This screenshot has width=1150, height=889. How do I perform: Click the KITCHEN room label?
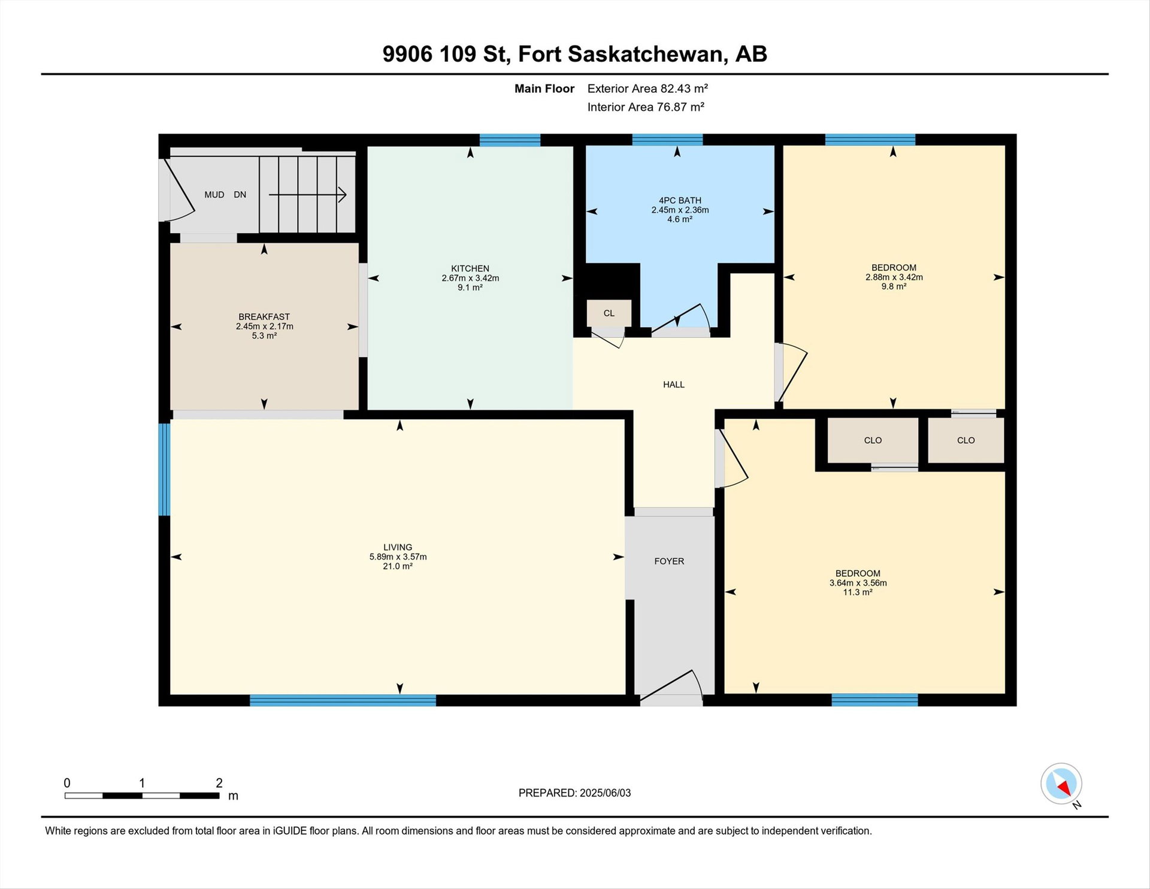click(x=470, y=268)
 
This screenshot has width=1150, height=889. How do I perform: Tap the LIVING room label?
click(x=398, y=547)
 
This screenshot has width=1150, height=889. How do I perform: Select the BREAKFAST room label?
click(x=264, y=317)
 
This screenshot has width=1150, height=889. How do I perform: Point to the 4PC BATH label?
click(x=680, y=201)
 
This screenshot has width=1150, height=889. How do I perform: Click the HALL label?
click(x=674, y=385)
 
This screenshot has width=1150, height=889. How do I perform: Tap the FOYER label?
click(x=669, y=561)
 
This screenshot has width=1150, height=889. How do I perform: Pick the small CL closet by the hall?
click(x=609, y=313)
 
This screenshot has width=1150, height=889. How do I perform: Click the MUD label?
click(x=214, y=195)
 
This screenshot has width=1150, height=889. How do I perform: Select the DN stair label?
click(x=240, y=195)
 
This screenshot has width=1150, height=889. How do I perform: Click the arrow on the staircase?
click(x=308, y=195)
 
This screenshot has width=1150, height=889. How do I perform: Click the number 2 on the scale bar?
click(x=219, y=783)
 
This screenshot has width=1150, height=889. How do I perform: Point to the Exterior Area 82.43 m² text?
click(x=647, y=89)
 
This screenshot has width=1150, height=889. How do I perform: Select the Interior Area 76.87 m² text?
click(x=646, y=107)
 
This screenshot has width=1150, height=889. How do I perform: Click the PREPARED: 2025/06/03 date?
click(x=574, y=793)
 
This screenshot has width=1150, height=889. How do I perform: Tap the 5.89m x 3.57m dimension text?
click(x=398, y=557)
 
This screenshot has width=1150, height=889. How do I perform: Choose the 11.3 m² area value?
click(x=858, y=592)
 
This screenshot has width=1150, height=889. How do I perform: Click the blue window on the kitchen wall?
click(x=510, y=140)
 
